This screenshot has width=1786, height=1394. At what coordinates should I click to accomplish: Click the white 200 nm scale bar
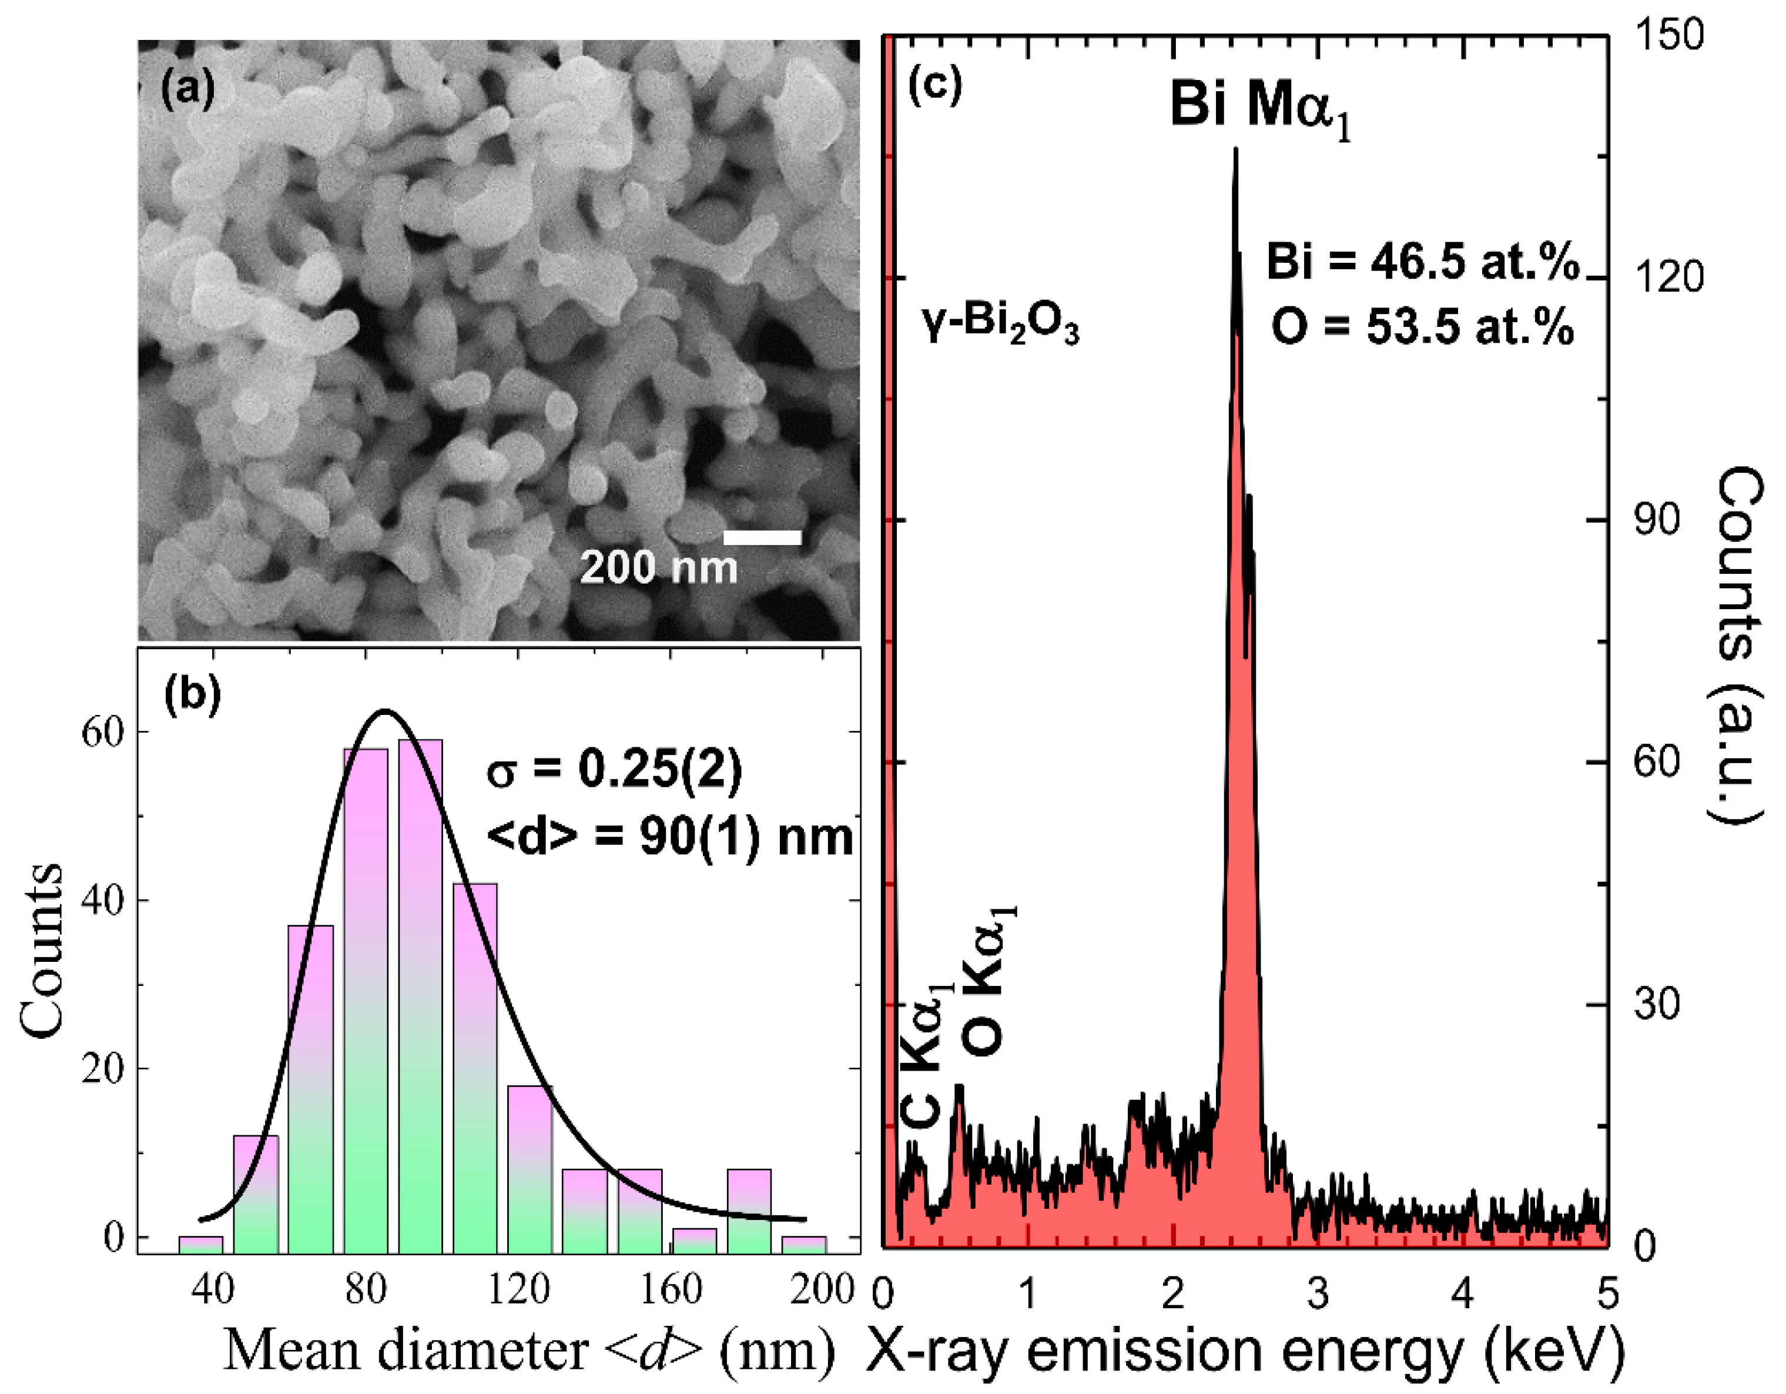[x=761, y=537]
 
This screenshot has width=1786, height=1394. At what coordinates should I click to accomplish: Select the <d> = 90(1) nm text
[x=669, y=838]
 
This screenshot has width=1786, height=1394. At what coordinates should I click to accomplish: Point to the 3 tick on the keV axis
[x=1318, y=1295]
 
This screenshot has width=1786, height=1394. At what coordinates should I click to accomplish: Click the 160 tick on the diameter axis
[x=671, y=1289]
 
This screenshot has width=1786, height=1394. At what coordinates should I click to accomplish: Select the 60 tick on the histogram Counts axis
[x=102, y=731]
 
